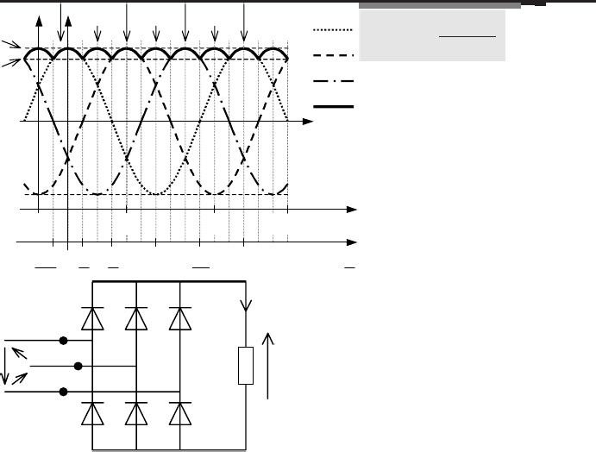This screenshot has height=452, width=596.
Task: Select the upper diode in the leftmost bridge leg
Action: (x=90, y=319)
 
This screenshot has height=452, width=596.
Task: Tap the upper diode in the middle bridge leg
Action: (x=135, y=319)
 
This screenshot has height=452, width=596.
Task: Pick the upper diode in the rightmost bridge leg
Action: (x=179, y=319)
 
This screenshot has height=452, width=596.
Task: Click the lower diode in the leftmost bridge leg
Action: (x=90, y=414)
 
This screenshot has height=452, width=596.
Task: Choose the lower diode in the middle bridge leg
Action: (x=135, y=414)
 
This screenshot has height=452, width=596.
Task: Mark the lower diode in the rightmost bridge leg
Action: (x=179, y=414)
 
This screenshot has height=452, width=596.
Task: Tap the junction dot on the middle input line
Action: (x=78, y=366)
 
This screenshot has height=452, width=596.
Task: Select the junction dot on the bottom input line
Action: (x=63, y=392)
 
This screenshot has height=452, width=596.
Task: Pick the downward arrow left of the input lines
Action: (x=7, y=367)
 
